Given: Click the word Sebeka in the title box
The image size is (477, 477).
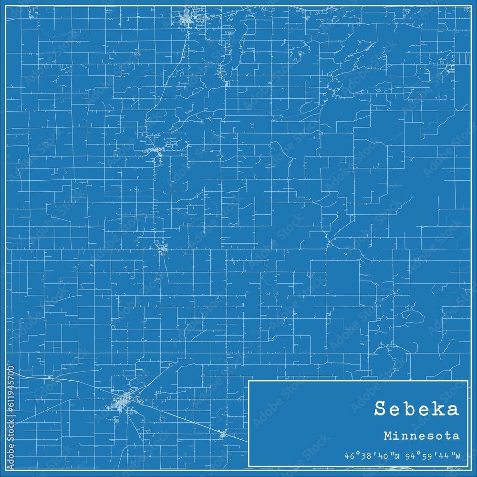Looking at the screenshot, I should (417, 409).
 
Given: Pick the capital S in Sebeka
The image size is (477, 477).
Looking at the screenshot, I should (380, 409).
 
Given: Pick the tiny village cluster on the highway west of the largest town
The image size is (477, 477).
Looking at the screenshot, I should (51, 377).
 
